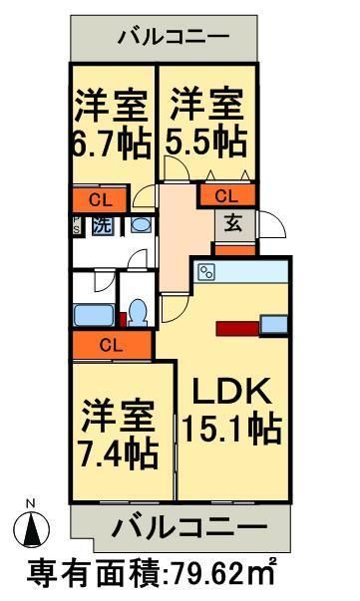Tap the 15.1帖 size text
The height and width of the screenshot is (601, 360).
[231, 432]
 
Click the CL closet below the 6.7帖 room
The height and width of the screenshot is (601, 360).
[100, 198]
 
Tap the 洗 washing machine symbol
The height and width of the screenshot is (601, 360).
[102, 225]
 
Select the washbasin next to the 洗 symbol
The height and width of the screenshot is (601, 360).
[141, 225]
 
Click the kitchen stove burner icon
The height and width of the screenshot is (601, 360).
[207, 271]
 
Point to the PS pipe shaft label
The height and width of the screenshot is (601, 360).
[76, 225]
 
